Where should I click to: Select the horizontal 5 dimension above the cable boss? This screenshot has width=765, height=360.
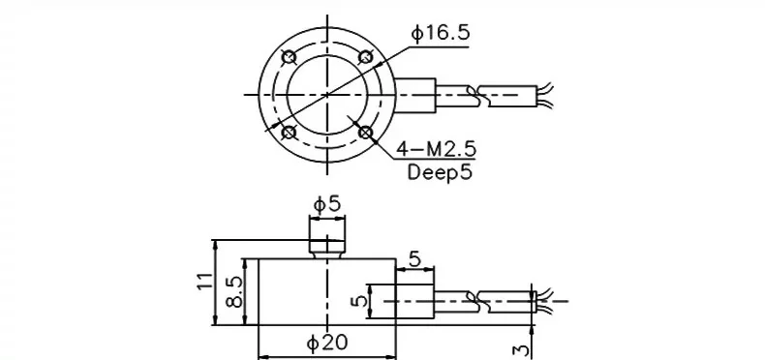pyautogui.click(x=414, y=260)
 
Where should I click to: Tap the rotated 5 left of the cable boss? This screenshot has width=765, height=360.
pyautogui.click(x=361, y=301)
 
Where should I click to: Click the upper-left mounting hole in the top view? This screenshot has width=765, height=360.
pyautogui.click(x=288, y=55)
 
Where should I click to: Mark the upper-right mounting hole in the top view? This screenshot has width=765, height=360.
pyautogui.click(x=365, y=57)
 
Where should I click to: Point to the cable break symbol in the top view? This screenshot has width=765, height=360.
pyautogui.click(x=476, y=94)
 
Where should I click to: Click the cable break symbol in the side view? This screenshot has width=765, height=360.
pyautogui.click(x=480, y=301)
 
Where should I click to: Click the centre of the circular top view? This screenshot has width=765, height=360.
pyautogui.click(x=327, y=94)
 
